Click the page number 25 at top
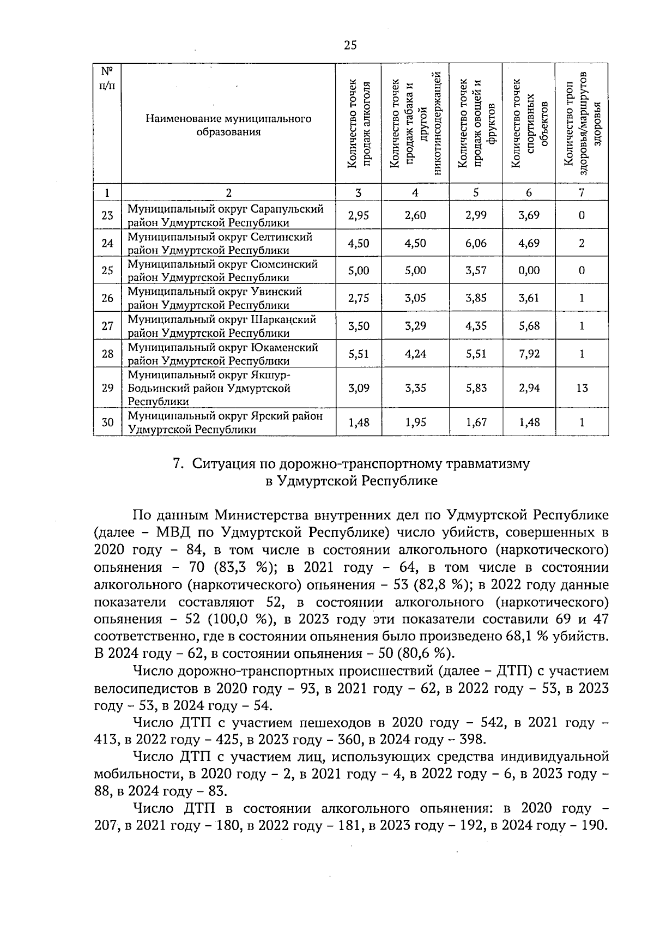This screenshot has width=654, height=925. (350, 45)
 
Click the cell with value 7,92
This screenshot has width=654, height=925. (529, 354)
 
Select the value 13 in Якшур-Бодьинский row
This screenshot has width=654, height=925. (582, 388)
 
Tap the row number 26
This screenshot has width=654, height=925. (107, 298)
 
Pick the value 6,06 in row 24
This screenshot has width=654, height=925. (476, 243)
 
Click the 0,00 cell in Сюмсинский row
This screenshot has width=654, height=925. (529, 270)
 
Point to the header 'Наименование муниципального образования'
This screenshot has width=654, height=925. (228, 125)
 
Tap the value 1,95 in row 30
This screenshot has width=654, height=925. (415, 422)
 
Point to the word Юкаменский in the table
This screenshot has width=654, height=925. (285, 347)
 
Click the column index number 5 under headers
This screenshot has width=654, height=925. (476, 192)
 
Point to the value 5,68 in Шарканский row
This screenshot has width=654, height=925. (529, 326)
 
